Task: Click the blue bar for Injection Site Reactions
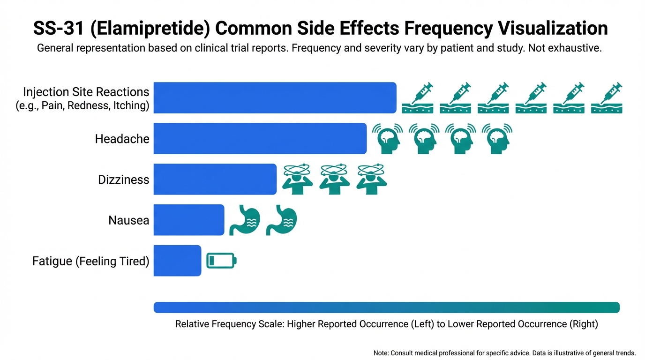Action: point(275,97)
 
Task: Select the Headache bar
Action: point(260,138)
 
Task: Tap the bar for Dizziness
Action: point(215,179)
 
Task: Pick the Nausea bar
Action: point(188,220)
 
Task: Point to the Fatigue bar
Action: point(177,261)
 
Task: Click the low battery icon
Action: point(221,260)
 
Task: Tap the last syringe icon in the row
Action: point(607,97)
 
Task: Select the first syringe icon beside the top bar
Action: point(418,97)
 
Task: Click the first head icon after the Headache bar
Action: point(387,138)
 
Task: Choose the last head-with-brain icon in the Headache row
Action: point(497,138)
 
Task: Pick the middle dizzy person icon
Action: point(334,179)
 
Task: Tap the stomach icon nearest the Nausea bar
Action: point(244,219)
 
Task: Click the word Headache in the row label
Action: point(122,139)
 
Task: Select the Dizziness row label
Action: point(123,180)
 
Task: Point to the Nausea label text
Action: point(128,220)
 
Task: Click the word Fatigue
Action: point(52,261)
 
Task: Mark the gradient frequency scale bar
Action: point(386,307)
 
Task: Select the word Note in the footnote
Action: point(381,353)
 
